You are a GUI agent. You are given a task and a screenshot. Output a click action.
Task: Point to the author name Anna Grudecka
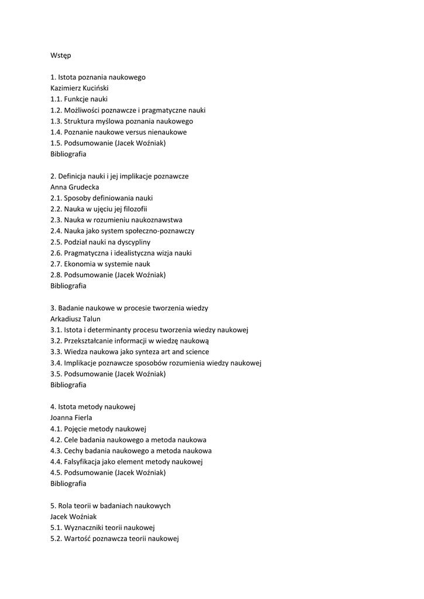tap(75, 187)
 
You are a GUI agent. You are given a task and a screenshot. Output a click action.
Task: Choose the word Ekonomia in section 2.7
tap(80, 264)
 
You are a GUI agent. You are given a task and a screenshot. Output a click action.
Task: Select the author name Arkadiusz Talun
tap(75, 319)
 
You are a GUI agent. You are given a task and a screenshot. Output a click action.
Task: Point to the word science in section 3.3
tap(198, 352)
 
